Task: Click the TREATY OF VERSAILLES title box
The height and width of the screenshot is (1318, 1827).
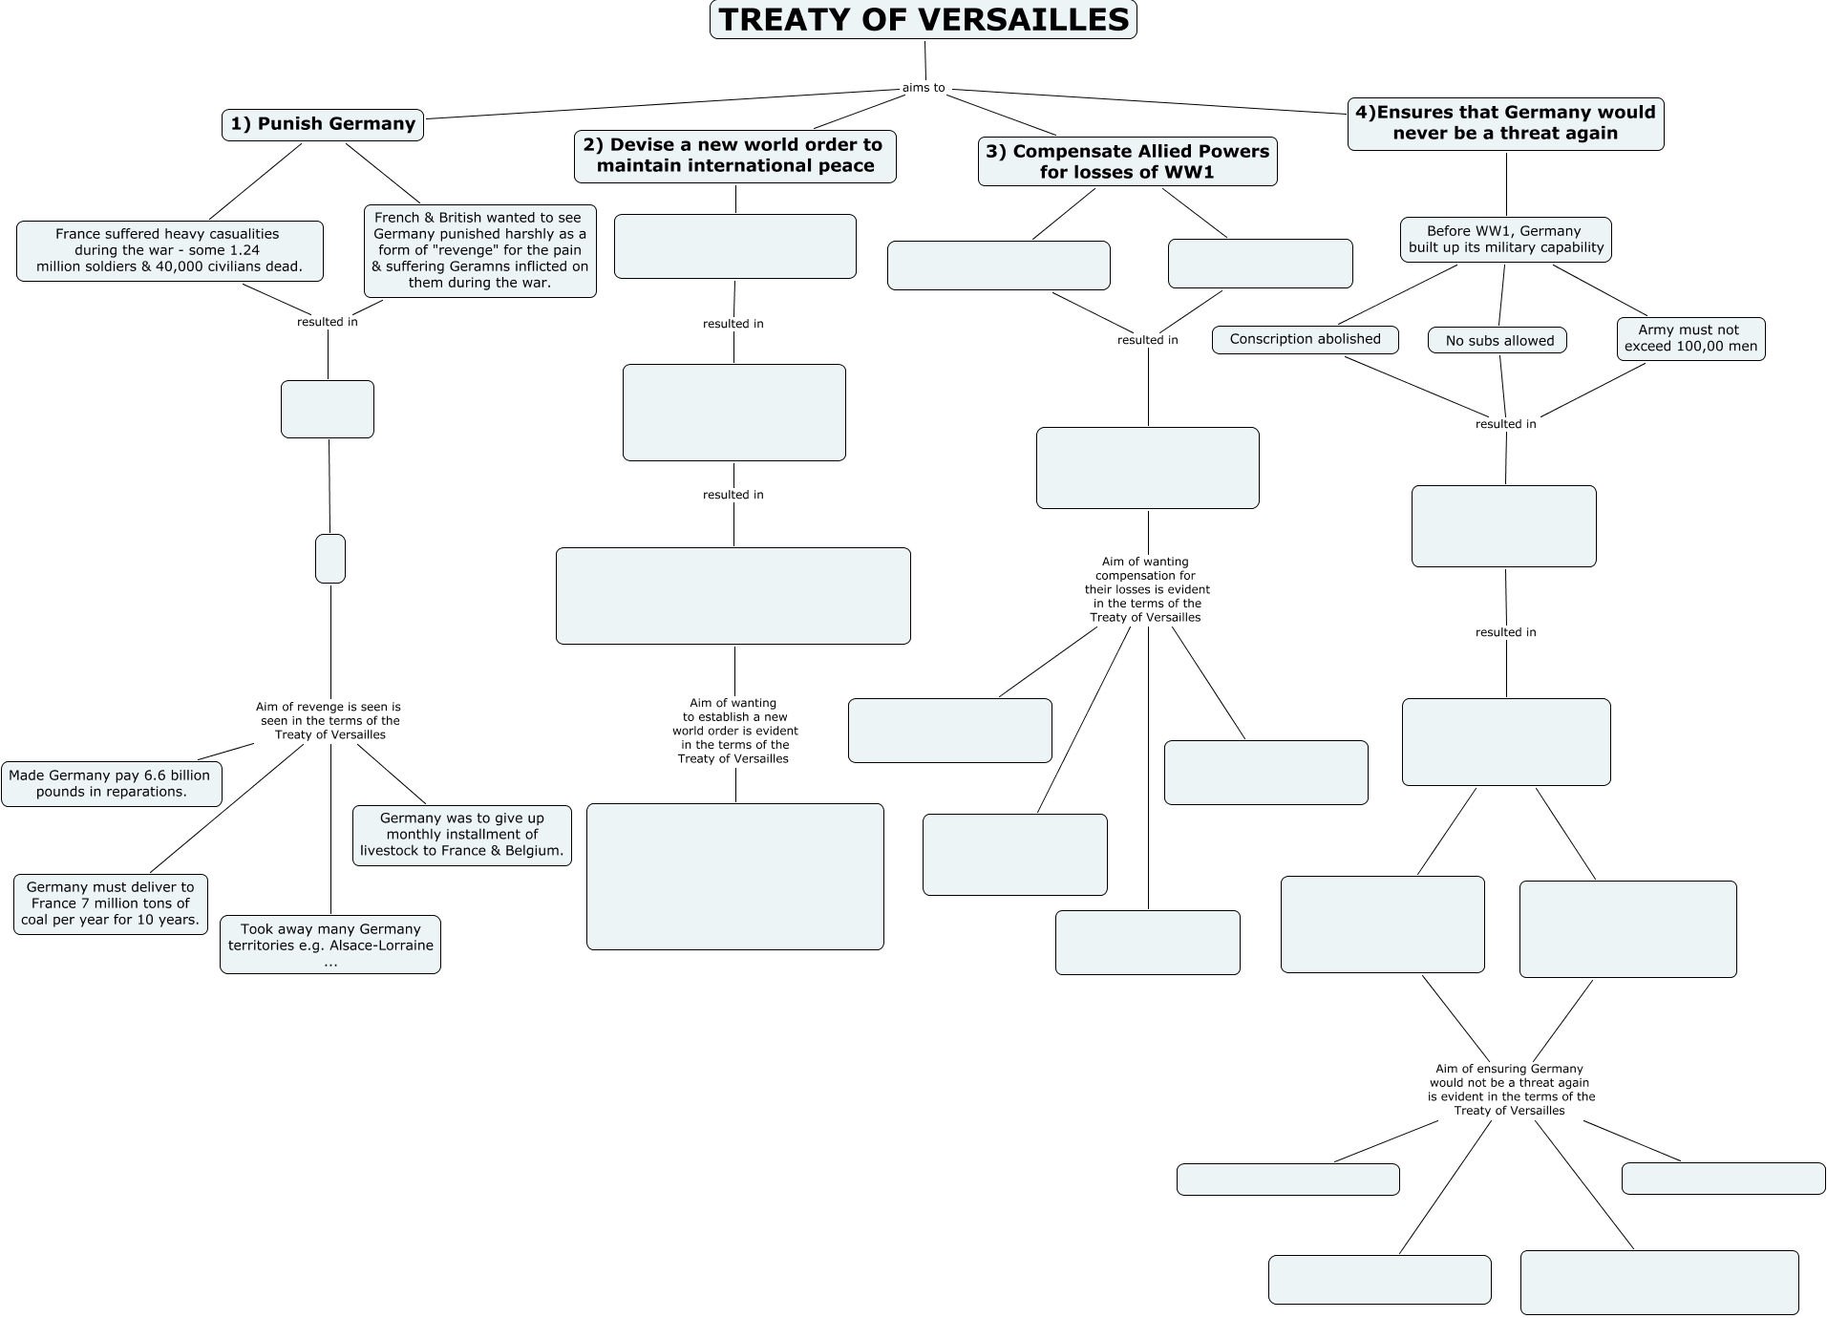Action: [923, 20]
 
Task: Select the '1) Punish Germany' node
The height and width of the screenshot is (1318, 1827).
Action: [323, 124]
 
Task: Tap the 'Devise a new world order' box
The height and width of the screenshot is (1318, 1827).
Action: [734, 156]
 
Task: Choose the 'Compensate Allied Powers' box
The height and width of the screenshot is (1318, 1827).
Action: [1127, 161]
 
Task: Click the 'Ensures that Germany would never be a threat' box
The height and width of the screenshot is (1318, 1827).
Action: [1505, 123]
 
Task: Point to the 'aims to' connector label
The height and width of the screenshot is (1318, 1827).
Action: [924, 88]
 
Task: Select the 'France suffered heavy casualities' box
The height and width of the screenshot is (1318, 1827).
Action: [169, 250]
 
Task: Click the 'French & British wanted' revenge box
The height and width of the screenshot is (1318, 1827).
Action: [479, 250]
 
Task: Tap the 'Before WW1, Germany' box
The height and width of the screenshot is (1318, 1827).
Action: [1505, 239]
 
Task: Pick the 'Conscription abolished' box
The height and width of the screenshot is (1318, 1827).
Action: [1305, 339]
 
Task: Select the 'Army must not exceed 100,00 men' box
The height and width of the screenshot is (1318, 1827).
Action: [1690, 338]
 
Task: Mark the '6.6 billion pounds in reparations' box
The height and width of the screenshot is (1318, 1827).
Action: [111, 783]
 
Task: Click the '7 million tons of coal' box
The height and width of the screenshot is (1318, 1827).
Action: [111, 903]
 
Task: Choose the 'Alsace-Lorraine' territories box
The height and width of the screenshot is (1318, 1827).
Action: [330, 945]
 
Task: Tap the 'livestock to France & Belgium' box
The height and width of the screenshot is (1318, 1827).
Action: [462, 835]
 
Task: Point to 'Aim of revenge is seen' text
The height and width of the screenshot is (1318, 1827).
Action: [329, 721]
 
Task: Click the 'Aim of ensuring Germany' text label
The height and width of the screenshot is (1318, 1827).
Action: [1510, 1090]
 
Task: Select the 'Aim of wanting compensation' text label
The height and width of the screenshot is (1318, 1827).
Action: [1146, 589]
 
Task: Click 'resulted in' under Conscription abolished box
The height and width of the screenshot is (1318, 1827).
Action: [1505, 424]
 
